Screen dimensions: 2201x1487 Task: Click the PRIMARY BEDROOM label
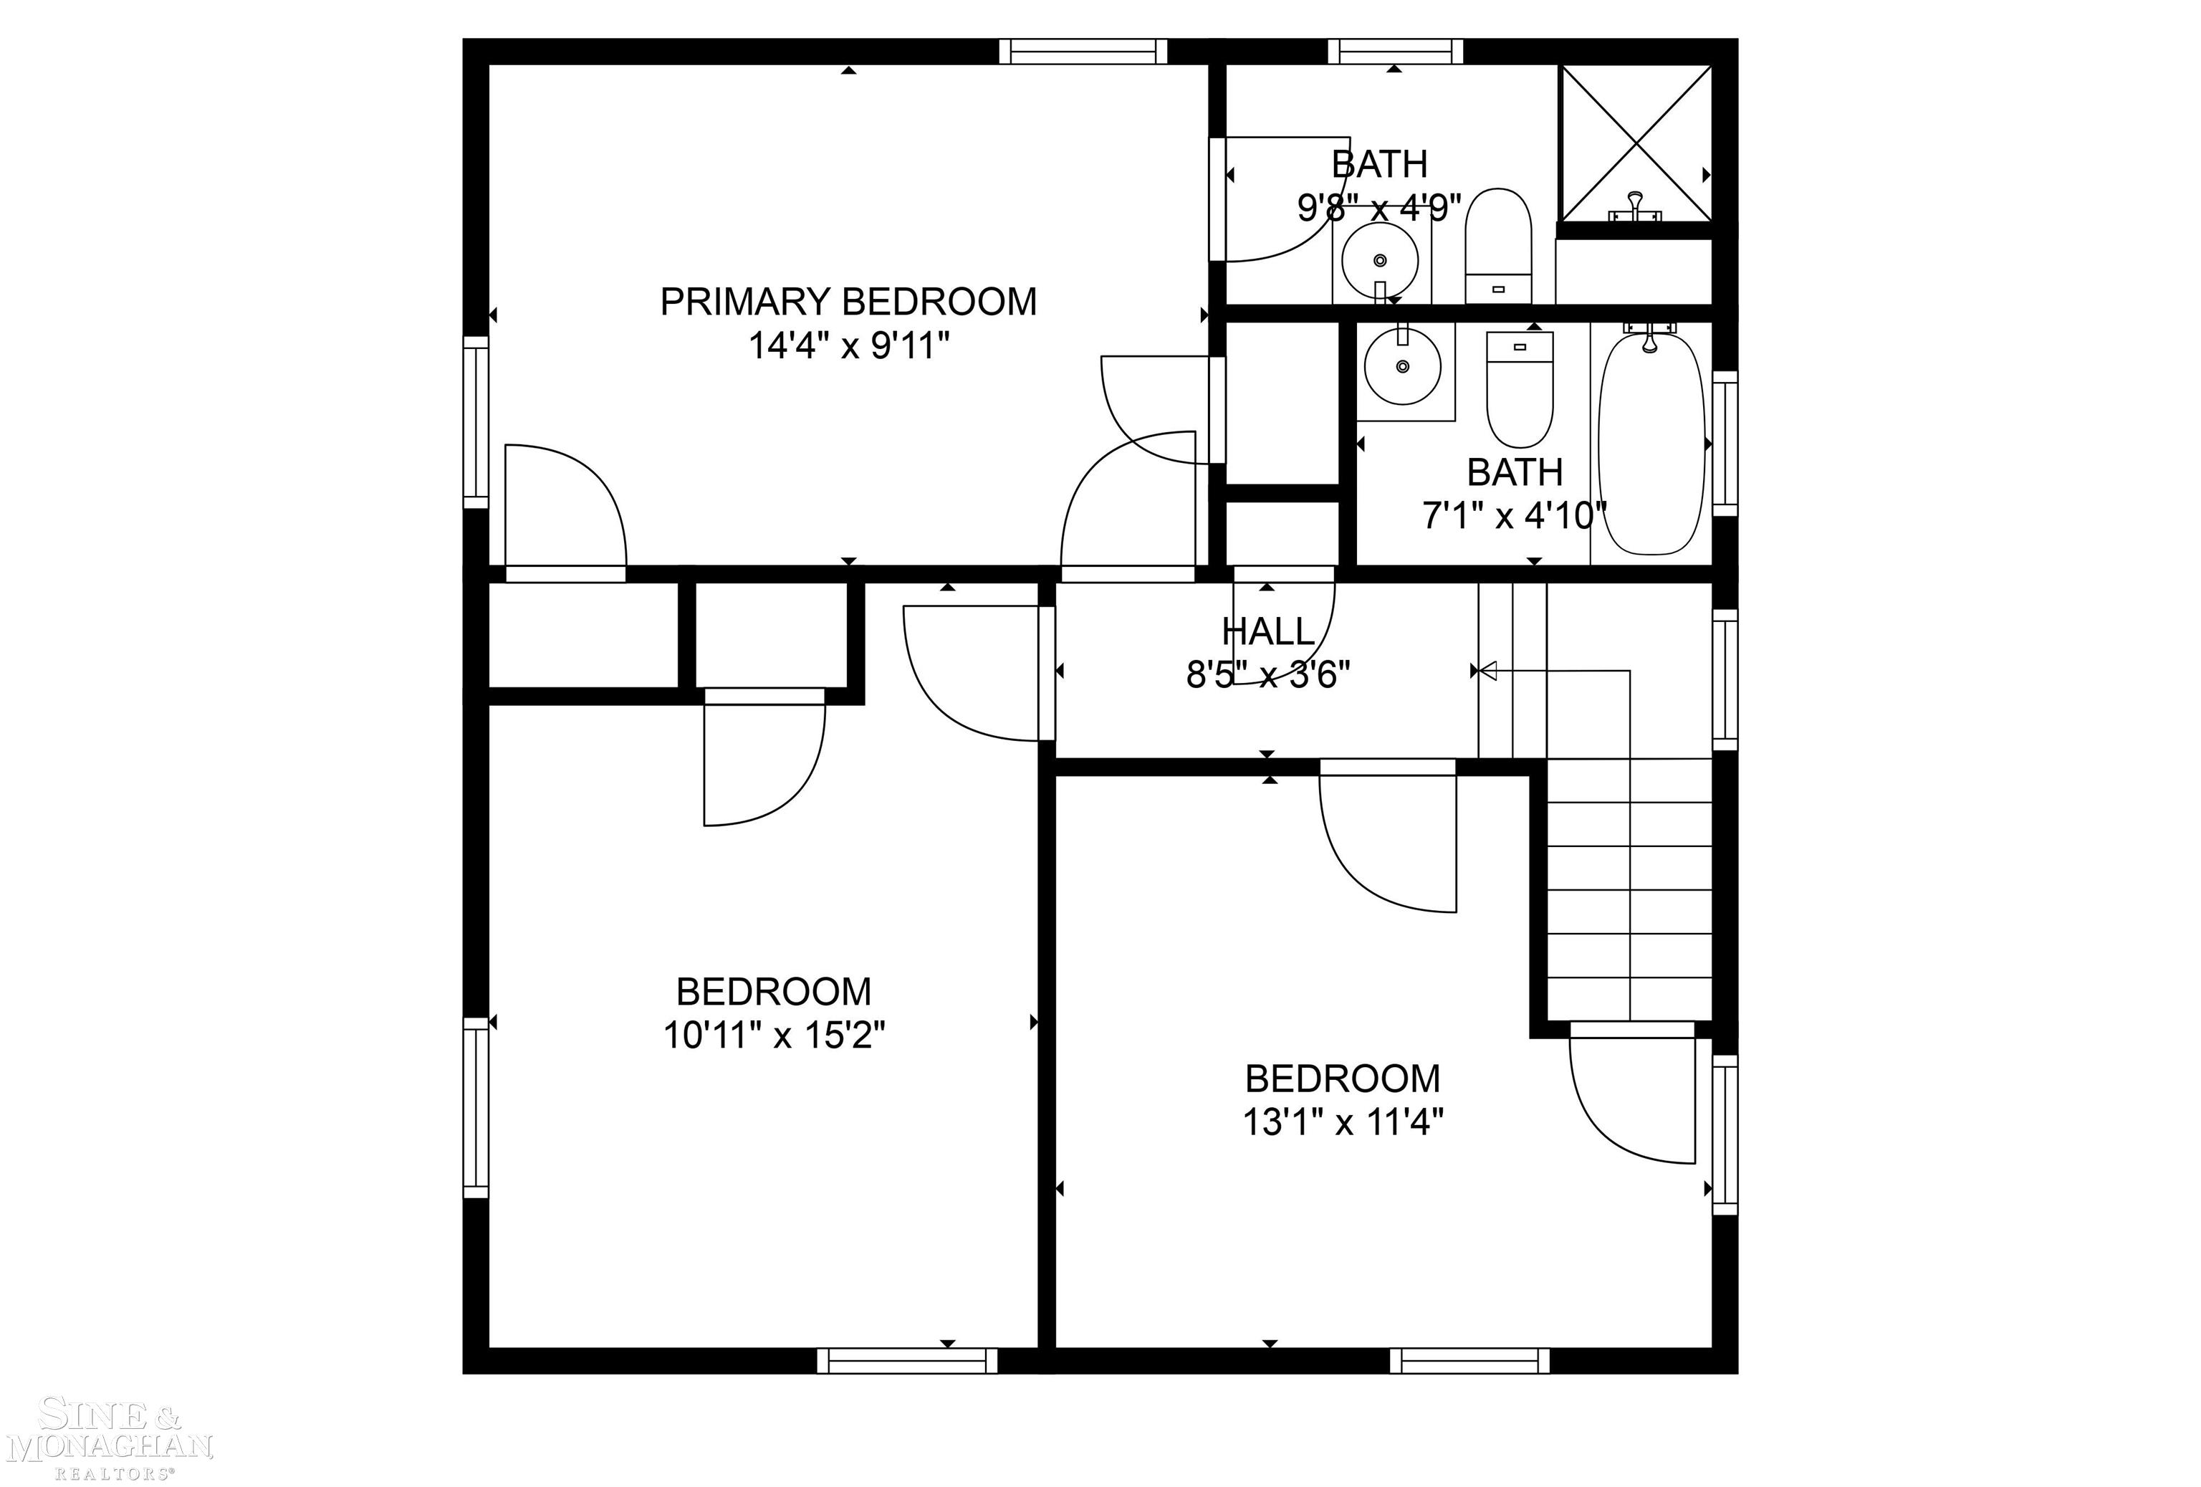848,302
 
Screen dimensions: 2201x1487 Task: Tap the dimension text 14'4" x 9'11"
848,345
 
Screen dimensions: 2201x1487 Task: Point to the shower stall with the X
1636,142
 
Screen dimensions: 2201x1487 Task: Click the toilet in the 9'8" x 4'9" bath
1498,245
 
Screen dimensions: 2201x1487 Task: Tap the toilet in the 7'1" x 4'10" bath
1520,389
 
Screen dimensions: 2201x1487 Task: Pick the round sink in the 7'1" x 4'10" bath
1403,365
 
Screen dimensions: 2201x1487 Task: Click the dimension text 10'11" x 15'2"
774,1036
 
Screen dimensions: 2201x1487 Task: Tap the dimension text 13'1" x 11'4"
1343,1123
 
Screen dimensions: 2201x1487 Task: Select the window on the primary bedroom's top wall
1083,51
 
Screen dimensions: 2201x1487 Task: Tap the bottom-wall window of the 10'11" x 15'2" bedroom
907,1361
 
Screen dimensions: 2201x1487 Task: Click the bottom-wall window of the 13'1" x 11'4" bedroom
1470,1361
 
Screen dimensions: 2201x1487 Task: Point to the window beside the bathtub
1725,444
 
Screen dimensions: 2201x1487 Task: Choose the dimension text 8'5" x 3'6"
1268,675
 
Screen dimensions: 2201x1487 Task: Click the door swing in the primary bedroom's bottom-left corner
565,512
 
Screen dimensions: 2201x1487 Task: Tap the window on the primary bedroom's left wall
476,422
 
